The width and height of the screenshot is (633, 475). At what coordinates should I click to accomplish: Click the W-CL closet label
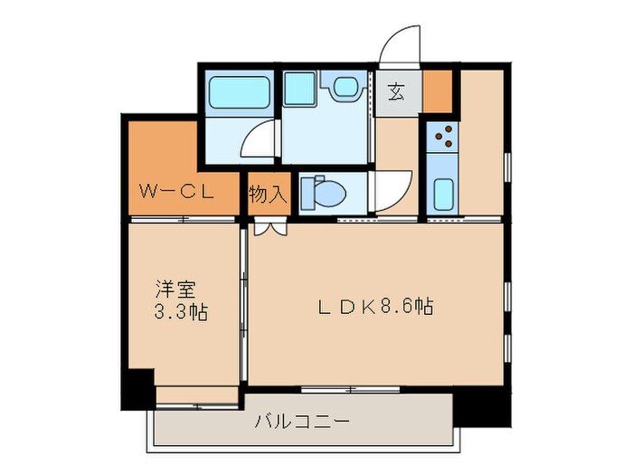[176, 191]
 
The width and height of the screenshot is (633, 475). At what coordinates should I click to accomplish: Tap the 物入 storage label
[268, 192]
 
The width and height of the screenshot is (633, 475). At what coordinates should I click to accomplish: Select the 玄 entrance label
[396, 90]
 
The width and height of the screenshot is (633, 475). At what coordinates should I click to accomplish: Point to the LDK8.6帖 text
[374, 307]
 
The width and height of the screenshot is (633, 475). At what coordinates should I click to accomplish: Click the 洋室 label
[175, 290]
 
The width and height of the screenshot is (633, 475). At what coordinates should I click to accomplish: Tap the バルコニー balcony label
[301, 422]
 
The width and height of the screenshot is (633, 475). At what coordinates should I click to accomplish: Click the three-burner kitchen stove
[444, 137]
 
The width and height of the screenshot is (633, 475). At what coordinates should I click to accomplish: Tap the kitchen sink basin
[444, 194]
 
